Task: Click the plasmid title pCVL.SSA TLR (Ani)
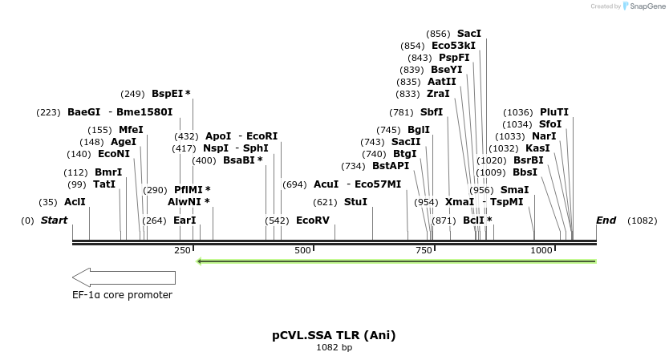(334, 335)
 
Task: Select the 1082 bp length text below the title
(334, 348)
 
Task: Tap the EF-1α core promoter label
(122, 294)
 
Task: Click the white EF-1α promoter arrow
(124, 277)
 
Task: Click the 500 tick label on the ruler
(302, 250)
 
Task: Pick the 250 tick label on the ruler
(182, 250)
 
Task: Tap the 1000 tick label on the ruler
(541, 250)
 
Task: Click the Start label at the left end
(54, 220)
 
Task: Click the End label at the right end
(606, 220)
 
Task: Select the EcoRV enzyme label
(312, 220)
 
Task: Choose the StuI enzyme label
(355, 202)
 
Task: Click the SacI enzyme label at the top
(469, 34)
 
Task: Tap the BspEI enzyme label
(171, 94)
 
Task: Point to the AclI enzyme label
(75, 202)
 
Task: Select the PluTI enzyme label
(554, 112)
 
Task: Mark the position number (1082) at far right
(642, 220)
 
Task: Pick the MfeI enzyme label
(131, 130)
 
